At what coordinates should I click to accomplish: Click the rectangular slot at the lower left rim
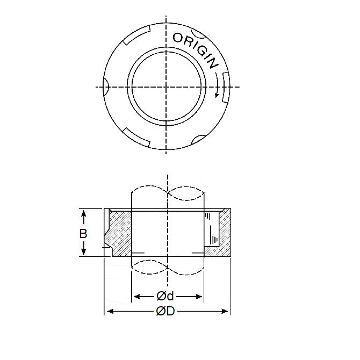135,134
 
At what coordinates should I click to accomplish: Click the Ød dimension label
167,296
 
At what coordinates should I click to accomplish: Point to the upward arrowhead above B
84,213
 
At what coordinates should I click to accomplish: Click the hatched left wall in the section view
118,234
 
